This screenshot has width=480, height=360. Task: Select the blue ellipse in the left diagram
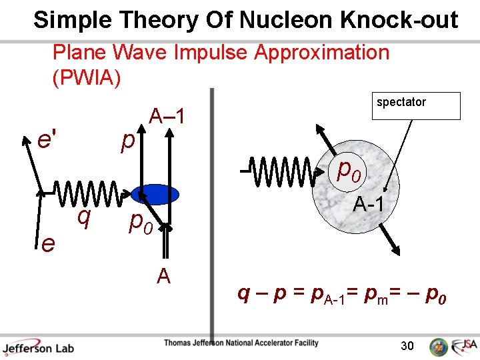tap(155, 195)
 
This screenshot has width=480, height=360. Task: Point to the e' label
tap(47, 141)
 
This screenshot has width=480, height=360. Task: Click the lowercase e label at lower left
tap(47, 244)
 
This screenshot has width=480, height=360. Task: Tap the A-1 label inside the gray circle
tap(369, 205)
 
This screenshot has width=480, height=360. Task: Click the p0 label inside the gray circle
tap(349, 171)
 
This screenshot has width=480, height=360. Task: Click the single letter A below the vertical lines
tap(163, 275)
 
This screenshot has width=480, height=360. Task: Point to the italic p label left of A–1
tap(127, 142)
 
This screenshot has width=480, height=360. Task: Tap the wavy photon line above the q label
tap(87, 194)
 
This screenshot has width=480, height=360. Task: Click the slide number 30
tap(407, 345)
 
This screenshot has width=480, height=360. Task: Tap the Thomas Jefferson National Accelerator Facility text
tap(242, 344)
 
